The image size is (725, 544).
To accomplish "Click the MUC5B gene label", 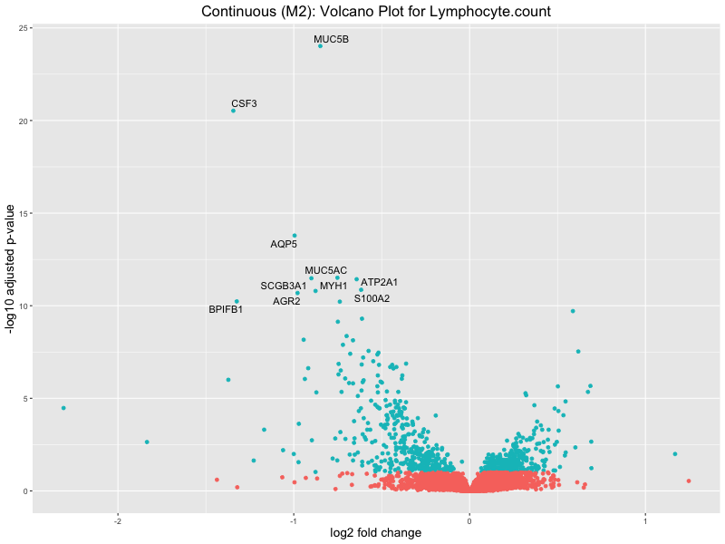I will pos(331,40).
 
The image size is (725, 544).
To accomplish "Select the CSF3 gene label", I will pos(244,103).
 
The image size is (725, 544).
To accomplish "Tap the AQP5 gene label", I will pos(284,244).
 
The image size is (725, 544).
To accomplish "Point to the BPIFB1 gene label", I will pos(226,310).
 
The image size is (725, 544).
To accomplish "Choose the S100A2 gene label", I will pos(372,298).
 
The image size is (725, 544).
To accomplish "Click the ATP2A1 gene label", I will pos(379,283).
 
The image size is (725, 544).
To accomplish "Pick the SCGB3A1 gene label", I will pos(284,287).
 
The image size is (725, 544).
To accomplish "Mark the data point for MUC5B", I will pos(320,46).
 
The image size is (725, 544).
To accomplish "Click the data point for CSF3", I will pos(233,111).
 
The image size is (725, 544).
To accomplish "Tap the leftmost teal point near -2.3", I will pos(63,408).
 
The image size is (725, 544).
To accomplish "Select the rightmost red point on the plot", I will pos(689,481).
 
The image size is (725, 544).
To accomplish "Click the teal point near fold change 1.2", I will pos(675,453).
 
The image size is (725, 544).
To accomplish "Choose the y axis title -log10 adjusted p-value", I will pos(11,270).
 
